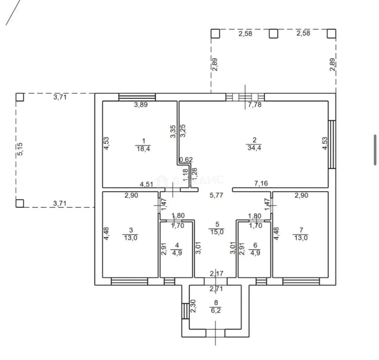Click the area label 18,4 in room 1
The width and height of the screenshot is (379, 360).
[143, 149]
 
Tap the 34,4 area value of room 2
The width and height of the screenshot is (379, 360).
[254, 148]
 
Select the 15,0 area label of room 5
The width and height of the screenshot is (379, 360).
[217, 232]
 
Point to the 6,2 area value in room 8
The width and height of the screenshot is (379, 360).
[216, 310]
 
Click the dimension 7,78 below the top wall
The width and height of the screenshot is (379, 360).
[255, 105]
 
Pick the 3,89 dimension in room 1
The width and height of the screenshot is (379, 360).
[141, 105]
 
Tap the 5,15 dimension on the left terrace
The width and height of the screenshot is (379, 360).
[20, 149]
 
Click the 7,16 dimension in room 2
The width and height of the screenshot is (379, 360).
[261, 184]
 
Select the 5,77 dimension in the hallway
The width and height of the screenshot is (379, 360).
[216, 195]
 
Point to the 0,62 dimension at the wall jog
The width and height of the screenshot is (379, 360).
[186, 160]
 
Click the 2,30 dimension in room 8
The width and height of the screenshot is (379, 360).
[193, 306]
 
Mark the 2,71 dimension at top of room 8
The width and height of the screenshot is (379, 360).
[216, 289]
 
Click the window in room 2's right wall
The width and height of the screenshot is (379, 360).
[332, 144]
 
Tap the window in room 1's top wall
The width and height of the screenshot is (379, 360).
[137, 97]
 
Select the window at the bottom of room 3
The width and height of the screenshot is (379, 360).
[129, 282]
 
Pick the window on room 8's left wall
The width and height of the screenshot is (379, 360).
[186, 311]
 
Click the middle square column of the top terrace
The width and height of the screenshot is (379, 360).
[274, 34]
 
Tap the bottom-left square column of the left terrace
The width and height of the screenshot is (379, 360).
[20, 203]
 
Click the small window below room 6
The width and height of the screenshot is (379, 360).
[261, 282]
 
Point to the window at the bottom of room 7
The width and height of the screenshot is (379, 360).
[301, 282]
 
